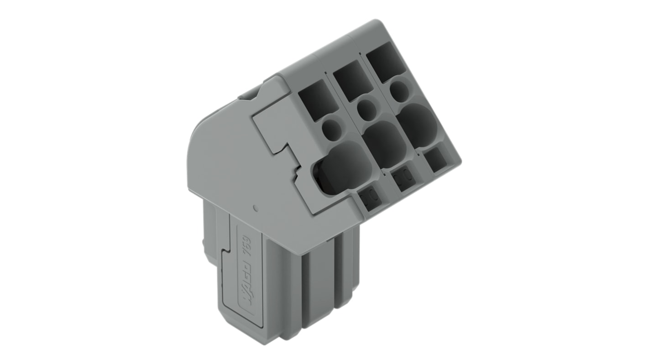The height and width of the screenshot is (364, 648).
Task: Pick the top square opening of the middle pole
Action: click(x=353, y=80)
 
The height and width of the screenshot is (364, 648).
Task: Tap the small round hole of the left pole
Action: click(x=332, y=129)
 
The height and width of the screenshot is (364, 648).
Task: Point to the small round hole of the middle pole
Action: click(x=366, y=109)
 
